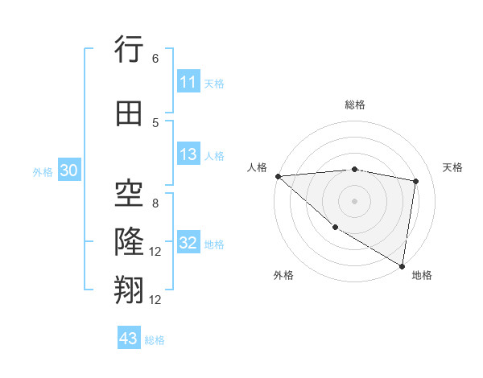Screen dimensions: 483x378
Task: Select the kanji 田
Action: click(129, 113)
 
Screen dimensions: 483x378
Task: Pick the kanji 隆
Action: click(129, 240)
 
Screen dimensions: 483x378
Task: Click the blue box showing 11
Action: click(188, 82)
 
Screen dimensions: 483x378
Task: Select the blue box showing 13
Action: click(188, 154)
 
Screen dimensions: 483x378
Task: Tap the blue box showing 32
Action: click(188, 243)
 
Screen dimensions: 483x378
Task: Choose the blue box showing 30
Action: click(68, 171)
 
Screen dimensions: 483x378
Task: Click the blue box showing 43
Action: click(129, 339)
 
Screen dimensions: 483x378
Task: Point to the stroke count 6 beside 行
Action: click(155, 58)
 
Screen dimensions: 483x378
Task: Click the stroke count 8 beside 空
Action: click(155, 203)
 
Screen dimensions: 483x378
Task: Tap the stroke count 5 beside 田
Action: click(155, 122)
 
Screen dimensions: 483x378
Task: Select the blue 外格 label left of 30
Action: click(43, 171)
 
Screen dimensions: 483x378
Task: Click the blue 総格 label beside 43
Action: click(155, 339)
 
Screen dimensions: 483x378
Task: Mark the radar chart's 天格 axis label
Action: click(452, 167)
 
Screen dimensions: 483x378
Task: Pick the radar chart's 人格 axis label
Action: click(257, 167)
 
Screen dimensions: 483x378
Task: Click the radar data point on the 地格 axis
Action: click(402, 265)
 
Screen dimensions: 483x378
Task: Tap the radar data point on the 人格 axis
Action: click(278, 175)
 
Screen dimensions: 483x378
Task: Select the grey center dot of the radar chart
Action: click(354, 200)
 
